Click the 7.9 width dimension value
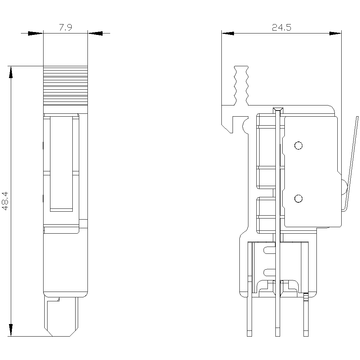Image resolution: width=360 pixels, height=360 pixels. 66,27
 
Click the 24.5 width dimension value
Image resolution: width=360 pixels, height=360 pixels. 282,28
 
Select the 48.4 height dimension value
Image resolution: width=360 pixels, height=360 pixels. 5,201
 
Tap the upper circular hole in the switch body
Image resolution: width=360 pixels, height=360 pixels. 298,145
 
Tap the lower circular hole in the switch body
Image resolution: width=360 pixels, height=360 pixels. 298,199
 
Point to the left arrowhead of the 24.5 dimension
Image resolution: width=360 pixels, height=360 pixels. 228,33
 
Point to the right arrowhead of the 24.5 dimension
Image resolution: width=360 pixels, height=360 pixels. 335,33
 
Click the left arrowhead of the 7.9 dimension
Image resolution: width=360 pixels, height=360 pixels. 36,33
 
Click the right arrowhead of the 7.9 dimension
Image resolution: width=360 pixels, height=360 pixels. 95,33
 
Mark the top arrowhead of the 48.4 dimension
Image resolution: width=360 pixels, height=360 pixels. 11,72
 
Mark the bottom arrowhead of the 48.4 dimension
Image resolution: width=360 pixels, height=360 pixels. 11,330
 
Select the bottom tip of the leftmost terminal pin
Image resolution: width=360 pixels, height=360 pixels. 249,336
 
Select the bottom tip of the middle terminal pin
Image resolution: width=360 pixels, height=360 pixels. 278,336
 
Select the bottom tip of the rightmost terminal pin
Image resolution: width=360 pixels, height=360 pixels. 306,336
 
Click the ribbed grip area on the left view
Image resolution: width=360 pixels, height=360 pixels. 66,85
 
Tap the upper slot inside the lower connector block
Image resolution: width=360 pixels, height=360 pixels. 269,250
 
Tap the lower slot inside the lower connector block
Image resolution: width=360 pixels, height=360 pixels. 269,273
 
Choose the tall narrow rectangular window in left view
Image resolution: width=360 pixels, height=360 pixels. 61,164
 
